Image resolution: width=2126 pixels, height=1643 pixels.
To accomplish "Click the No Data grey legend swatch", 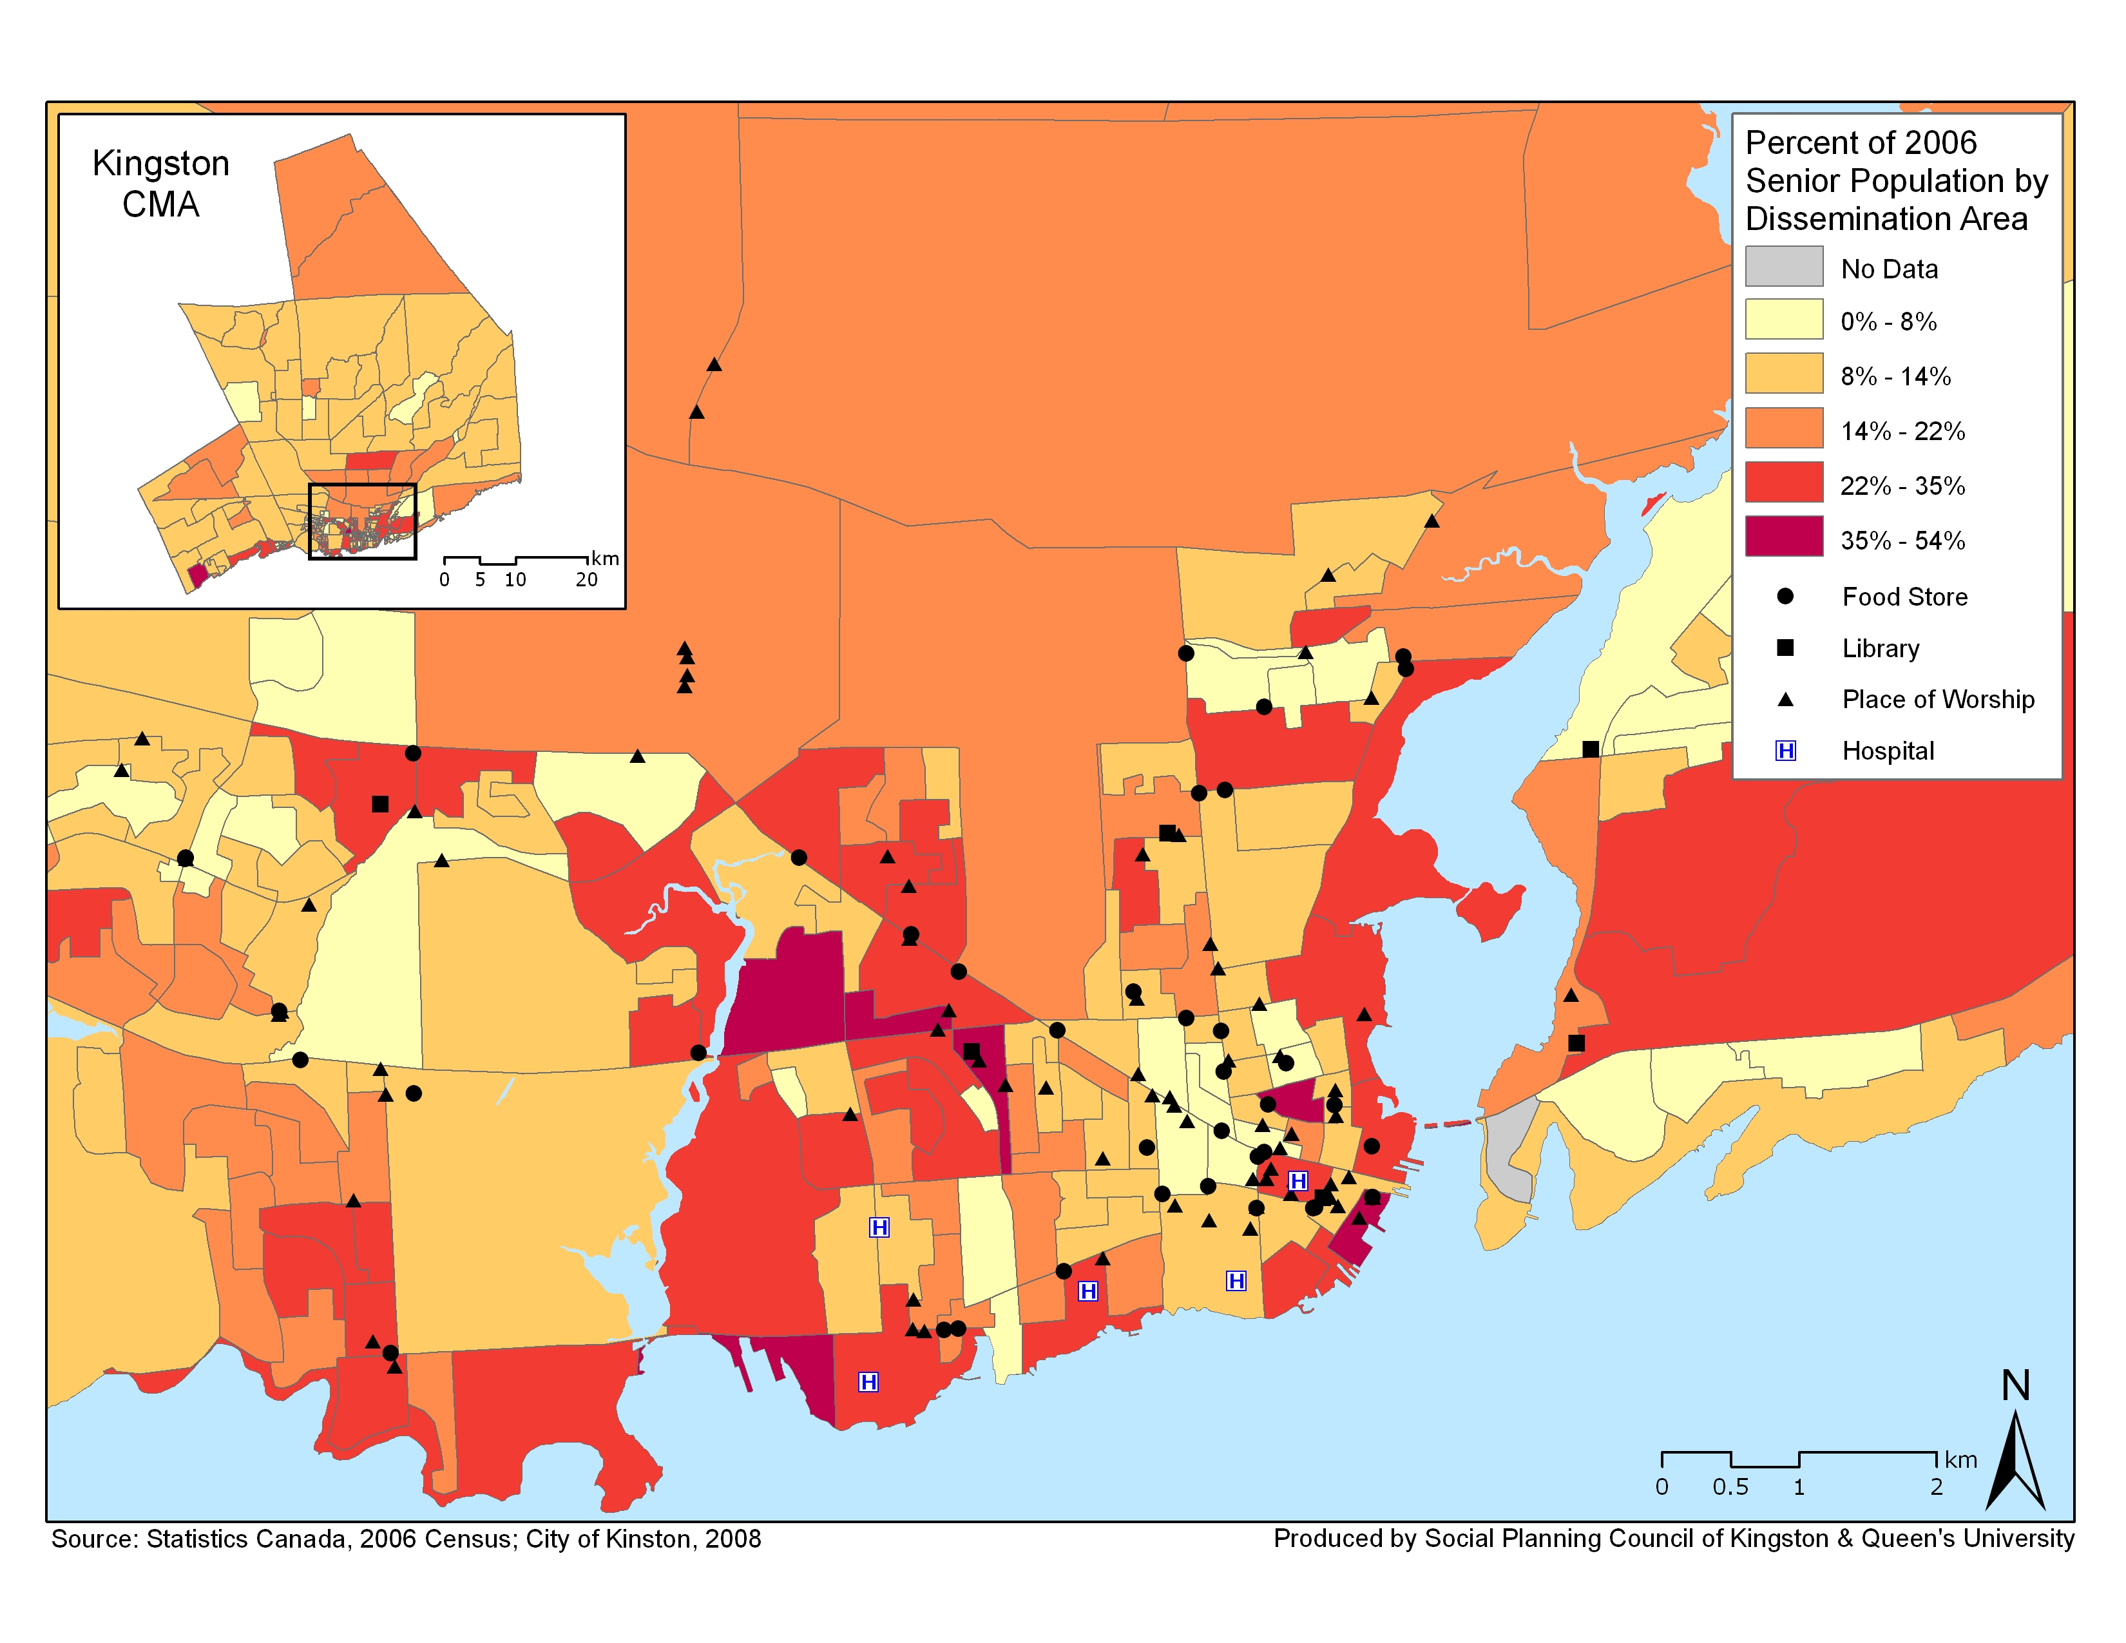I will (x=1783, y=265).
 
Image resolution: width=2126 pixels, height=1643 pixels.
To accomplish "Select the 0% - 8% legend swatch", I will (x=1783, y=318).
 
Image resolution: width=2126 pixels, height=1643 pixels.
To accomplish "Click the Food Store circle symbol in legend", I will (x=1785, y=596).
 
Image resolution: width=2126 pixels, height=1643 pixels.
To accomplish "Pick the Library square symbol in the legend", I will (x=1785, y=648).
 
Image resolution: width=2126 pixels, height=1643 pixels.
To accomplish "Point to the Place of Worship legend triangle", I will (x=1785, y=699).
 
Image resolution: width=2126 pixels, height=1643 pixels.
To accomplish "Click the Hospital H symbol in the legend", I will (x=1785, y=751).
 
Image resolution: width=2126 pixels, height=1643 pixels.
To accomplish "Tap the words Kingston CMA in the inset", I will (x=160, y=183).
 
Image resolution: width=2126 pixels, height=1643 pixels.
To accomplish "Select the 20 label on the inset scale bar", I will (x=586, y=580).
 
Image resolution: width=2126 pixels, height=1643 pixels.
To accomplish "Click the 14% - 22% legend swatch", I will (x=1783, y=427).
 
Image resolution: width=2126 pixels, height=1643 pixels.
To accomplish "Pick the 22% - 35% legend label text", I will (x=1901, y=486).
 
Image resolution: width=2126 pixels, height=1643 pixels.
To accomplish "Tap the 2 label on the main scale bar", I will (x=1936, y=1487).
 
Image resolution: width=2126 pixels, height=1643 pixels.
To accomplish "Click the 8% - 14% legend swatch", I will (x=1783, y=373).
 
